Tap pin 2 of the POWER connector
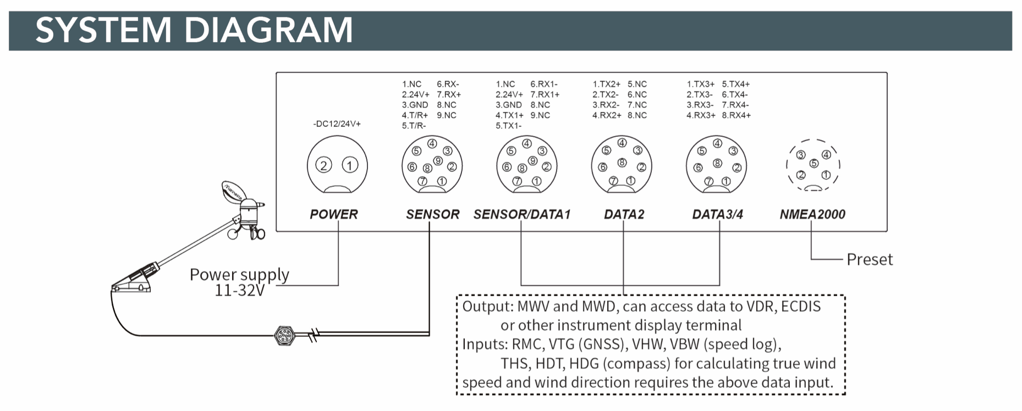pyautogui.click(x=323, y=165)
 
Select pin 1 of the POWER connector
pyautogui.click(x=350, y=165)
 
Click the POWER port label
pyautogui.click(x=333, y=214)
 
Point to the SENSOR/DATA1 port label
pyautogui.click(x=521, y=214)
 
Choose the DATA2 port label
pyautogui.click(x=624, y=214)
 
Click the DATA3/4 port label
pyautogui.click(x=717, y=214)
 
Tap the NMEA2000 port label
pyautogui.click(x=812, y=214)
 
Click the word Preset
pyautogui.click(x=869, y=259)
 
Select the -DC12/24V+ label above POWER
pyautogui.click(x=337, y=124)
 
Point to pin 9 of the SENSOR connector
pyautogui.click(x=438, y=160)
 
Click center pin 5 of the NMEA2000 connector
pyautogui.click(x=814, y=163)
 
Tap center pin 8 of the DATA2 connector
pyautogui.click(x=622, y=163)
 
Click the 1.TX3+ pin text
pyautogui.click(x=700, y=84)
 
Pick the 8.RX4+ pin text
pyautogui.click(x=736, y=115)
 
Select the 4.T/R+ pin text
pyautogui.click(x=415, y=115)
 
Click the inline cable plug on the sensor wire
pyautogui.click(x=284, y=335)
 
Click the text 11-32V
pyautogui.click(x=240, y=290)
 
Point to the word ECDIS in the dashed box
pyautogui.click(x=800, y=307)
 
